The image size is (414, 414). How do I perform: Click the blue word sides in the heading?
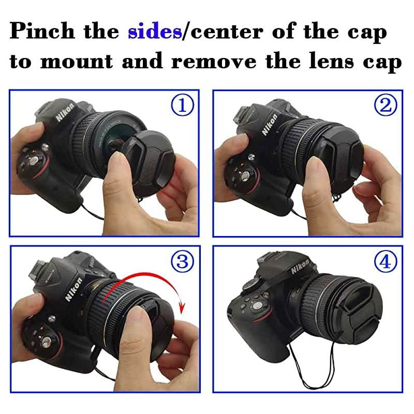click(154, 32)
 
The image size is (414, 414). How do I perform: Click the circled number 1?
click(182, 106)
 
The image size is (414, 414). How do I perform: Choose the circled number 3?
click(182, 261)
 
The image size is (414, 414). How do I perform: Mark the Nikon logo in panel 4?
click(300, 268)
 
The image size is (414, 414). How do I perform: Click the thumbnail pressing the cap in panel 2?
click(314, 167)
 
